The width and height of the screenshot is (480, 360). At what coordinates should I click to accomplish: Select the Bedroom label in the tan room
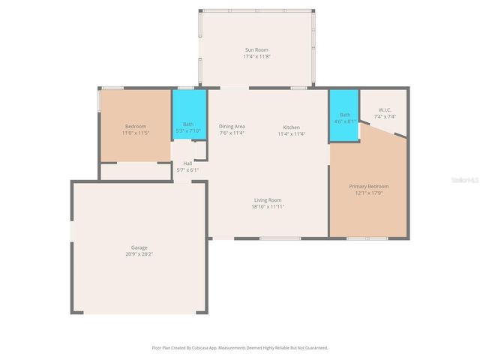tap(136, 126)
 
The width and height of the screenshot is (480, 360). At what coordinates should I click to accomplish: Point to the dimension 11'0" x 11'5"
tap(136, 133)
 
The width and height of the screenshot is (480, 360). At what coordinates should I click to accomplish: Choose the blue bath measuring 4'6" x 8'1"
tap(344, 115)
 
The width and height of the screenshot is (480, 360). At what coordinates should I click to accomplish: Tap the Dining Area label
tap(232, 127)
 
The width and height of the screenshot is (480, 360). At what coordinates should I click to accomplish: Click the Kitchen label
tap(292, 127)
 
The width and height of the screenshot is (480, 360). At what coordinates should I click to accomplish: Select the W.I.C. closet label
tap(385, 109)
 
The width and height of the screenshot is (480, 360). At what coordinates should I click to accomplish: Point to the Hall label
tap(187, 163)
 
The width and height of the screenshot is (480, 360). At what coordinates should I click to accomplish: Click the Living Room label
tap(268, 199)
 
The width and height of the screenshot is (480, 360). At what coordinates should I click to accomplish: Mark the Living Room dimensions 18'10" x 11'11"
tap(268, 206)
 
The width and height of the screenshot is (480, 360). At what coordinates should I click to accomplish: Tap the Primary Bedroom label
tap(368, 186)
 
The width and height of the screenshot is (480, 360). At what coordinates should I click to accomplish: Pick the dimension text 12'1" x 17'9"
tap(368, 193)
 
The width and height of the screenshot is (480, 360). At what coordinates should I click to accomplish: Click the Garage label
tap(139, 247)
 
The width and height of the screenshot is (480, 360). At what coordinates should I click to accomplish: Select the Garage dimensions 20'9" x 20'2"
tap(139, 254)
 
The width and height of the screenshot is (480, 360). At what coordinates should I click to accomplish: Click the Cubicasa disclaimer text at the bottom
tap(240, 347)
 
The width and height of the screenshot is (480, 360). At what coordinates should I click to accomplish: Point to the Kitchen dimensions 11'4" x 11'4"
tap(292, 134)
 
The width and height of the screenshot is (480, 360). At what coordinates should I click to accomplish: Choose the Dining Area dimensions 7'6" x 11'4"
tap(232, 134)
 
